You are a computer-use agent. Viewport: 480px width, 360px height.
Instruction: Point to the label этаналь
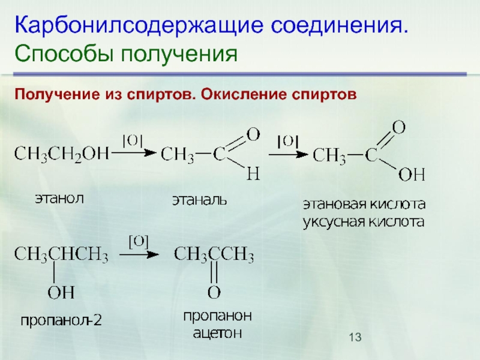(200, 197)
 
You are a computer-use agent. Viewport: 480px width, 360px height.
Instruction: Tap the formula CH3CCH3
(214, 256)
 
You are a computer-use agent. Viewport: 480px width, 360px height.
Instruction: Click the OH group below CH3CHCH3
(61, 293)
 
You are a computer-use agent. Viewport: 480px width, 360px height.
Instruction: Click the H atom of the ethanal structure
(253, 175)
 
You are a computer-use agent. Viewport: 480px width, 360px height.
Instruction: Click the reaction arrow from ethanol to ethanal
(133, 154)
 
